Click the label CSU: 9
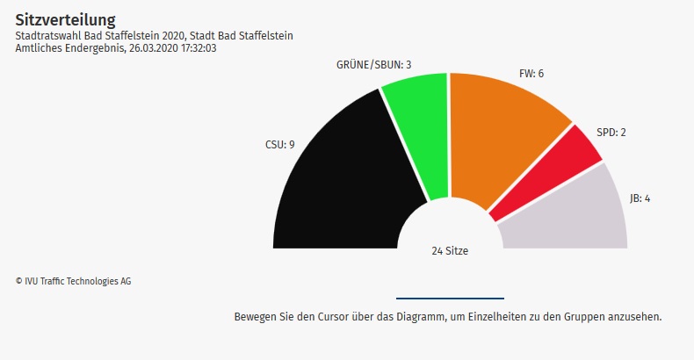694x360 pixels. pyautogui.click(x=279, y=144)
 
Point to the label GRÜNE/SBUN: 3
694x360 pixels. pyautogui.click(x=374, y=65)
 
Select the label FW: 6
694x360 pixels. pyautogui.click(x=531, y=73)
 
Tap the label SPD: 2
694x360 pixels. pyautogui.click(x=611, y=133)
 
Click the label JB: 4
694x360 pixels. pyautogui.click(x=640, y=198)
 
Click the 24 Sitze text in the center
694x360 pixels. pyautogui.click(x=450, y=251)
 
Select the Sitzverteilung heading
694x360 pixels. pyautogui.click(x=65, y=18)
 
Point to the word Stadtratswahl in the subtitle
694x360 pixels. pyautogui.click(x=48, y=35)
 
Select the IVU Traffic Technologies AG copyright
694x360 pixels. pyautogui.click(x=73, y=281)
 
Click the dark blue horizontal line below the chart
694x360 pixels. pyautogui.click(x=450, y=299)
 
